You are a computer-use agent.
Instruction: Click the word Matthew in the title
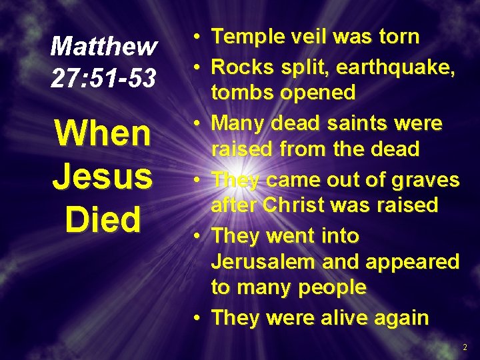(x=104, y=47)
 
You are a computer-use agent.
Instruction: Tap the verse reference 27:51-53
(x=104, y=78)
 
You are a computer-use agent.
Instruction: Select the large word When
(x=103, y=133)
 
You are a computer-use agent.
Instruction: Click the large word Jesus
(x=103, y=177)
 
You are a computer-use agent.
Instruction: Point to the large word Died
(x=103, y=219)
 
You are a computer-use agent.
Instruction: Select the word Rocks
(x=243, y=67)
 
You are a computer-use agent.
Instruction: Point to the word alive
(x=357, y=317)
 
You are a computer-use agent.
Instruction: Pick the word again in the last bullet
(x=405, y=318)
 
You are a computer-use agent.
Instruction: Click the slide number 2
(x=465, y=347)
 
